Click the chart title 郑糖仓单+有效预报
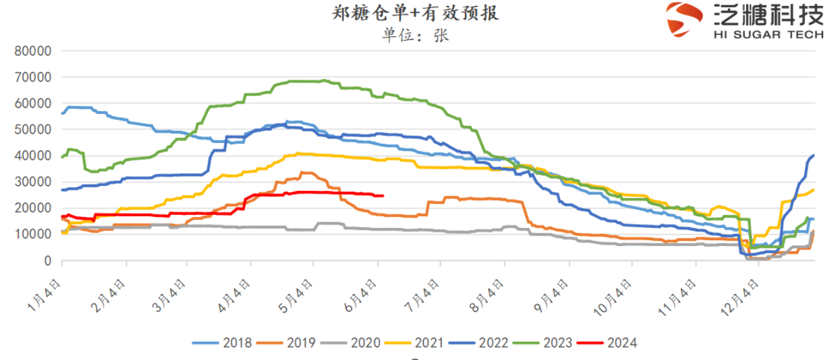click(x=415, y=14)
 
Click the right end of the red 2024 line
click(x=383, y=196)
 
